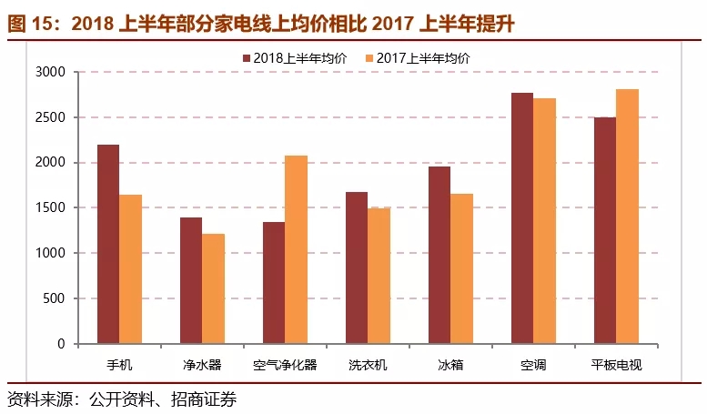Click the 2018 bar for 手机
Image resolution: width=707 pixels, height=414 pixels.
(108, 244)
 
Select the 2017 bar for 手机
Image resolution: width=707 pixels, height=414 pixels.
(130, 269)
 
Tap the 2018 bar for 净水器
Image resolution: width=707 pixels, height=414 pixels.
(190, 280)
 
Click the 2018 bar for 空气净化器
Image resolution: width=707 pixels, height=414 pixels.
(273, 283)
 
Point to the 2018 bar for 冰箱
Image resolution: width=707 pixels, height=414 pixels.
(439, 255)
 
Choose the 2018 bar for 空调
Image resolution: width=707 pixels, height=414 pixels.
(522, 218)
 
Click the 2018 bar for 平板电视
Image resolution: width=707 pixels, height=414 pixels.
(604, 230)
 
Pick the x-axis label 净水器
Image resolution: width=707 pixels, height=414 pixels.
(202, 366)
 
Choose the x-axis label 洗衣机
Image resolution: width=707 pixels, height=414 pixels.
(368, 366)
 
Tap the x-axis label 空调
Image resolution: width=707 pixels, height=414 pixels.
(533, 366)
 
